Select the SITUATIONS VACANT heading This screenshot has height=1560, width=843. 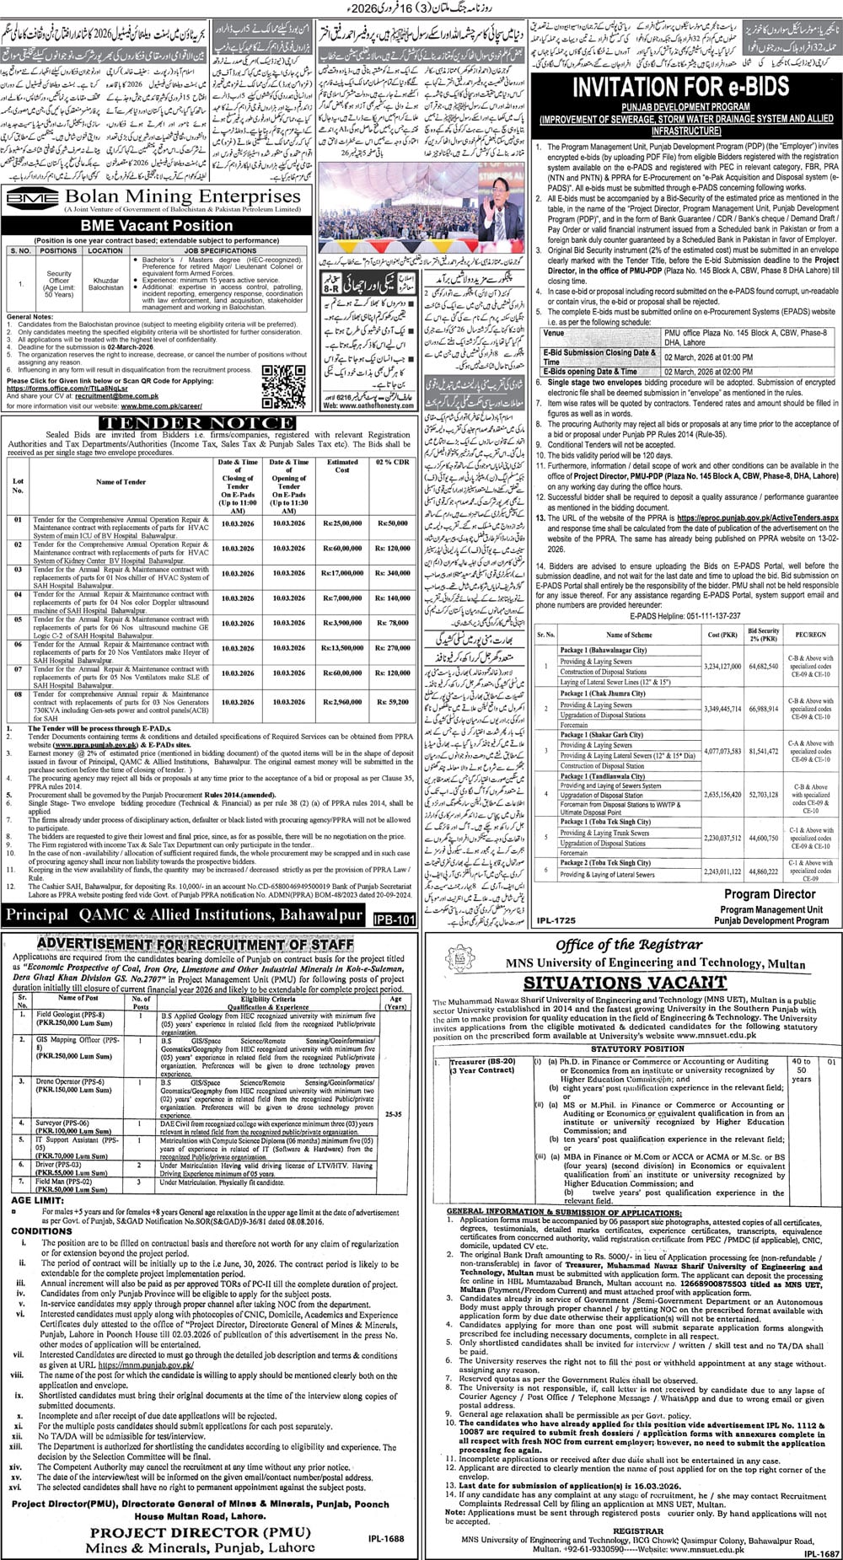tap(616, 982)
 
